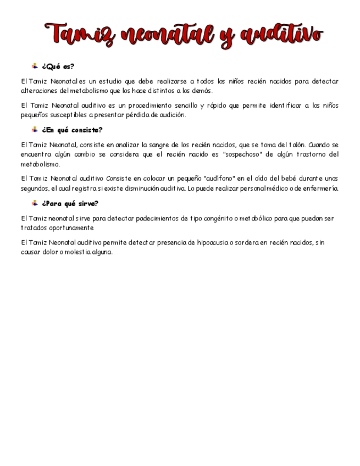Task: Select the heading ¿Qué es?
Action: [58, 66]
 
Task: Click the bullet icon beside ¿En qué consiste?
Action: [35, 130]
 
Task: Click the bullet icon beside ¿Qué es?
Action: [35, 66]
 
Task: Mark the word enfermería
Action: [321, 188]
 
